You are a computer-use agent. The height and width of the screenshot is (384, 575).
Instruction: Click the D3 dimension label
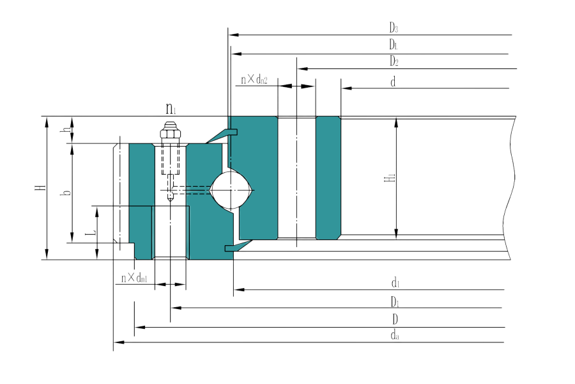click(394, 27)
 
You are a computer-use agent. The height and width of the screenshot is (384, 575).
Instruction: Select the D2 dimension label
click(394, 61)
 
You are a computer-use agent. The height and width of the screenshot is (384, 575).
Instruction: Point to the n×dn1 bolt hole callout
click(135, 277)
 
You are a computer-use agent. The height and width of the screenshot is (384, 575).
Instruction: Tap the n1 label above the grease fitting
click(171, 109)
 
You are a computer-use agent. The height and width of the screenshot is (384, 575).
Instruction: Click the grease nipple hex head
click(171, 135)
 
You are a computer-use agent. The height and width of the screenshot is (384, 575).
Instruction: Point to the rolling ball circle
click(232, 189)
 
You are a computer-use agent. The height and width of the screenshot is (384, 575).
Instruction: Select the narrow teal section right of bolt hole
click(328, 179)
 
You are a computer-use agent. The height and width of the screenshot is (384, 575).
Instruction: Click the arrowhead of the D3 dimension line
click(233, 34)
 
